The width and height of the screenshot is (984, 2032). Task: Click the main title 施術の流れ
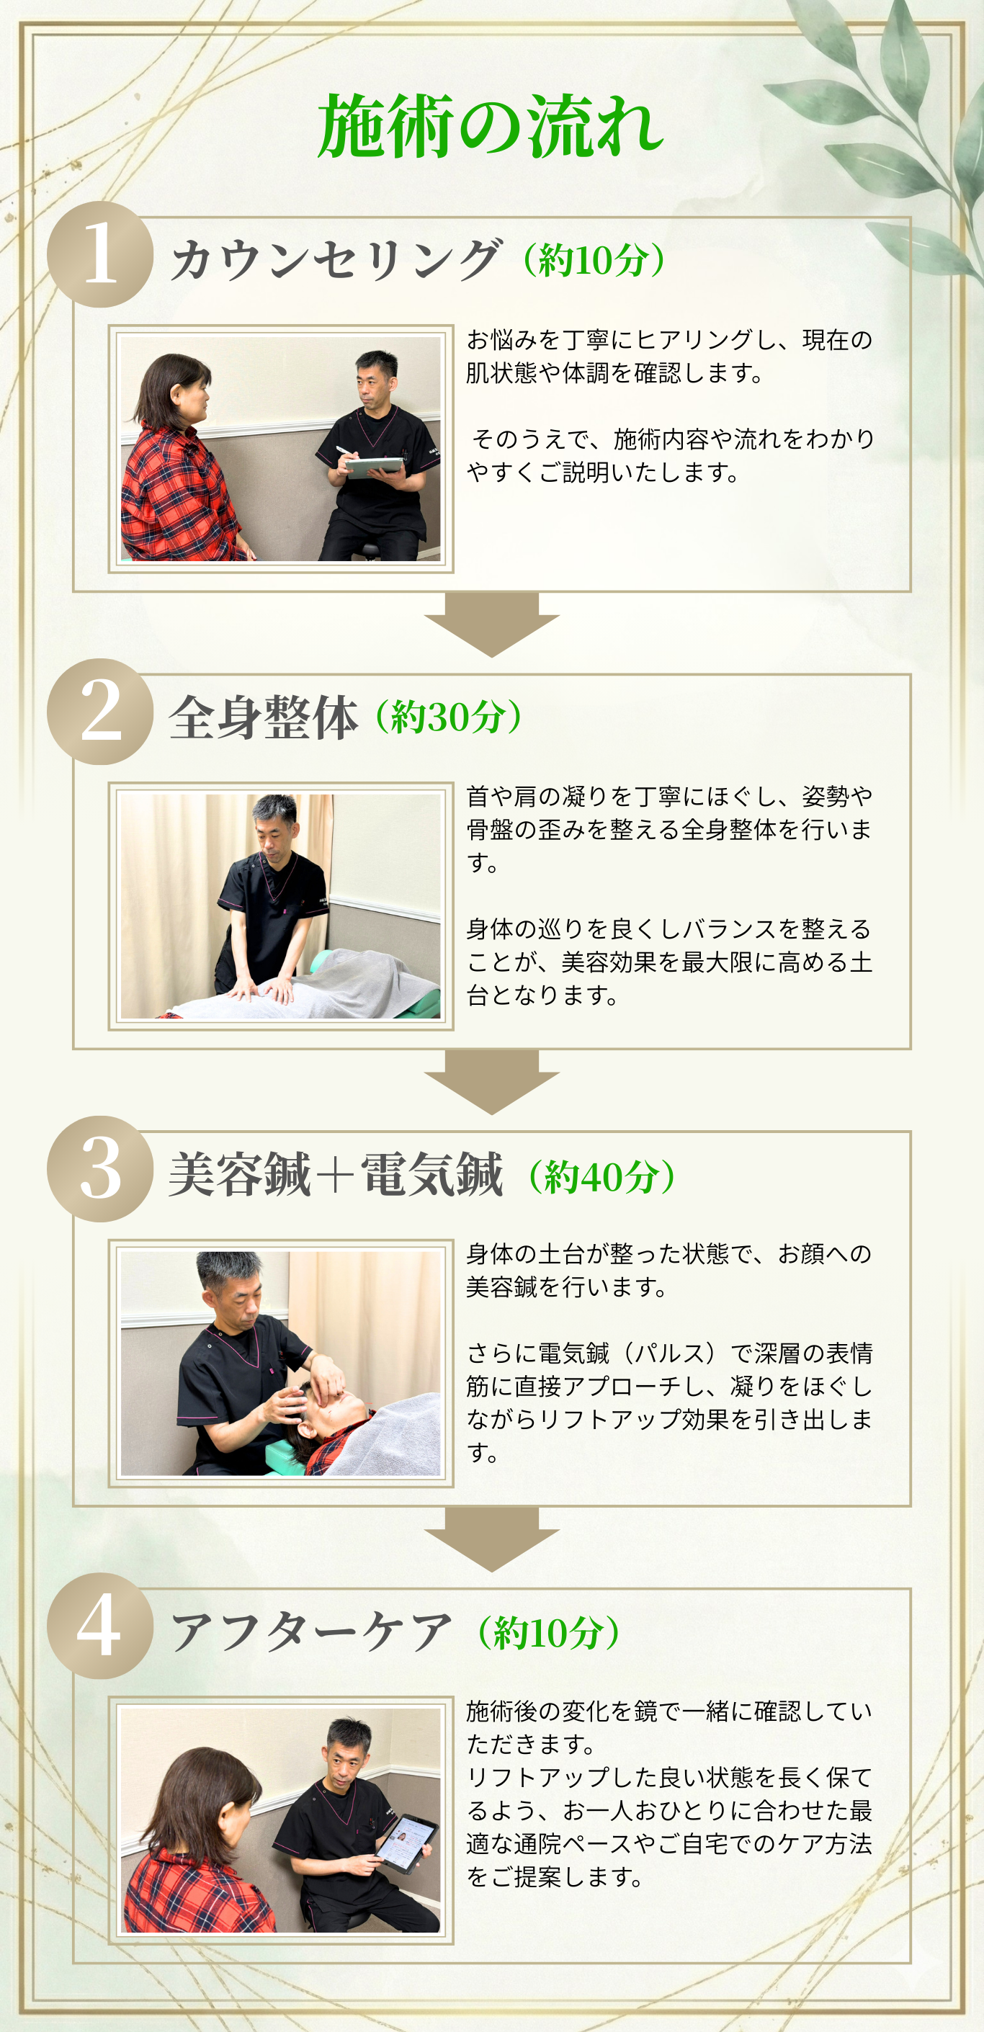pos(490,126)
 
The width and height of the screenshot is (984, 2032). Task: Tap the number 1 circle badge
pos(100,254)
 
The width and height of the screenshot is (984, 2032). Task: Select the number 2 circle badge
pos(100,712)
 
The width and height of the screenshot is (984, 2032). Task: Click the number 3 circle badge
pos(100,1169)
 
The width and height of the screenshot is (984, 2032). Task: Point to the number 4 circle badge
pos(100,1626)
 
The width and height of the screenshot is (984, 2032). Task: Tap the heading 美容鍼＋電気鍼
pos(336,1175)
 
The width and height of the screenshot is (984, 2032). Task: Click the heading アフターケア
pos(311,1632)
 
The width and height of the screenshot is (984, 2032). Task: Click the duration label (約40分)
pos(601,1176)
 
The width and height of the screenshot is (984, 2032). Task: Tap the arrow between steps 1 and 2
pos(491,623)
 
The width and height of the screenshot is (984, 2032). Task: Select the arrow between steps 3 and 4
pos(491,1538)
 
